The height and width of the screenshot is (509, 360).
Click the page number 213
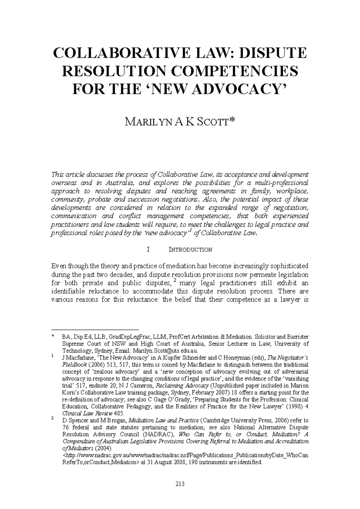click(180, 484)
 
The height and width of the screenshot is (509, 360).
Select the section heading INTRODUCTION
click(190, 250)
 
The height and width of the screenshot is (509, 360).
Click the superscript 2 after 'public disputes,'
click(174, 281)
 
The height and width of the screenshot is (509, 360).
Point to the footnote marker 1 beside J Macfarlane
click(52, 357)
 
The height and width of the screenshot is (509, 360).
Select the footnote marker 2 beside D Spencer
click(52, 419)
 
